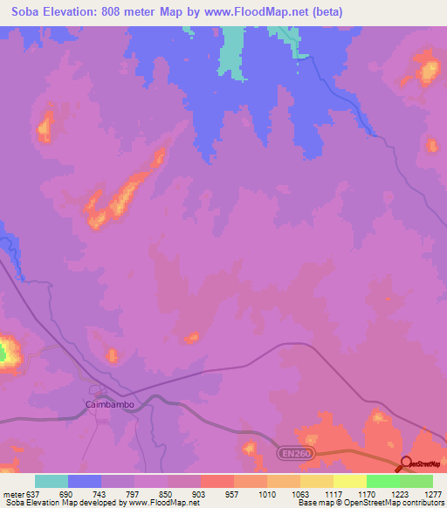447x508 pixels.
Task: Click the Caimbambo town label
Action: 110,404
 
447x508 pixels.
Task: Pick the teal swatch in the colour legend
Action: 52,481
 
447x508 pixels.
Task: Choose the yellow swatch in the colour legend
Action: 350,481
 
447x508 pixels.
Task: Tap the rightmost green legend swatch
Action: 416,481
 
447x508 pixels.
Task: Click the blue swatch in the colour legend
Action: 85,481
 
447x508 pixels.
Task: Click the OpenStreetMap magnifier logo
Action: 406,463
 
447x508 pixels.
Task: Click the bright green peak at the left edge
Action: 3,353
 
